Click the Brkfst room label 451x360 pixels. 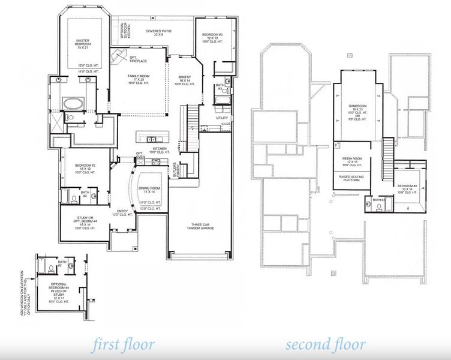tap(184, 79)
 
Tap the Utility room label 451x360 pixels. tap(222, 118)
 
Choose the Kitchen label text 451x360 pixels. tap(160, 150)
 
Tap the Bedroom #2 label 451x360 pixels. tap(83, 169)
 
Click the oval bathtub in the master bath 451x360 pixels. tap(76, 104)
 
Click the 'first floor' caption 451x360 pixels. tap(123, 345)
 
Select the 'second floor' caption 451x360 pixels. tap(325, 345)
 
